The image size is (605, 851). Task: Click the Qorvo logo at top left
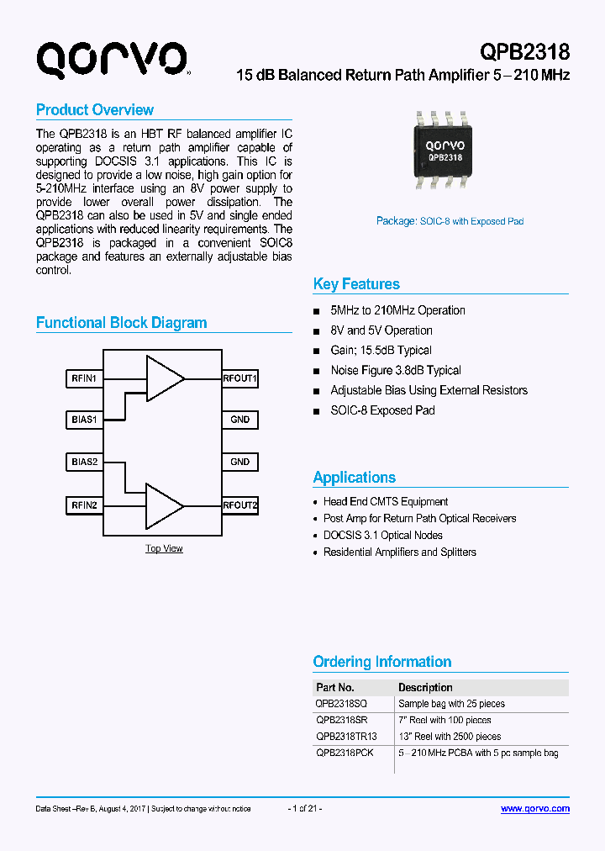click(x=112, y=60)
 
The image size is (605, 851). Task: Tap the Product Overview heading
click(x=95, y=110)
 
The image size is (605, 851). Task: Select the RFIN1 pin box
click(x=84, y=378)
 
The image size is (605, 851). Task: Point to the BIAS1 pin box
click(x=84, y=419)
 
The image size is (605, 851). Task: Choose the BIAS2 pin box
click(x=84, y=462)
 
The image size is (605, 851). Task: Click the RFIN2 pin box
click(x=84, y=505)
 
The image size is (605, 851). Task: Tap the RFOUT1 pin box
click(x=240, y=378)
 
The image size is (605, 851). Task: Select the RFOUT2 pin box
click(x=240, y=505)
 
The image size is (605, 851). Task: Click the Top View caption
click(x=164, y=548)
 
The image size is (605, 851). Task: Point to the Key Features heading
click(x=356, y=284)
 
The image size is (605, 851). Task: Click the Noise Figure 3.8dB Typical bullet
click(x=396, y=370)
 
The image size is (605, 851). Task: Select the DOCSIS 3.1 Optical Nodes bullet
click(x=383, y=535)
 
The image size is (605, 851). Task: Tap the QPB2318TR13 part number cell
click(x=346, y=736)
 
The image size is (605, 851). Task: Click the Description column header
click(x=425, y=688)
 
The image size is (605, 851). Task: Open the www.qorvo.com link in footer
click(x=535, y=809)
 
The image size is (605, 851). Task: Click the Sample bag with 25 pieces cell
click(x=451, y=704)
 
